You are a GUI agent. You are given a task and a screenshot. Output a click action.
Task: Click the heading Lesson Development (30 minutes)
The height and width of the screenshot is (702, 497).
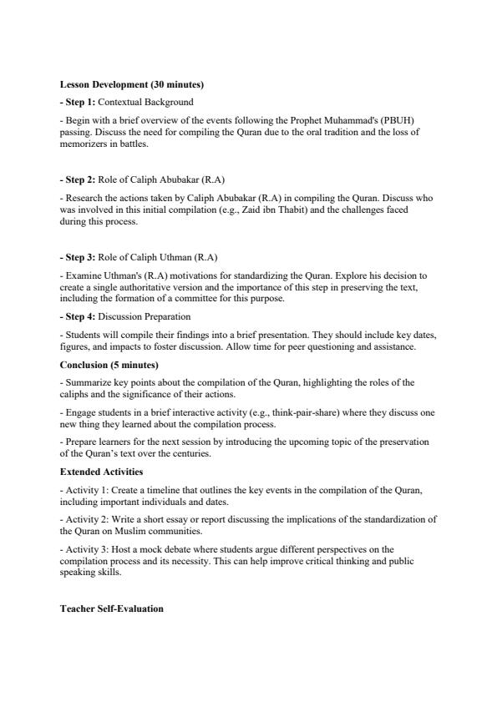click(x=132, y=85)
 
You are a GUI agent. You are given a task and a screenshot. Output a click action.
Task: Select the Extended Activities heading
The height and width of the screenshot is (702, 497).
click(x=101, y=472)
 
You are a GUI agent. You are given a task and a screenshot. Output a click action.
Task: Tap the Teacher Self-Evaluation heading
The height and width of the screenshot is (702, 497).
click(x=112, y=609)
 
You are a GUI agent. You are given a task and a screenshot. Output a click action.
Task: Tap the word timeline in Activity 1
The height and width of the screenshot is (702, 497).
click(x=166, y=489)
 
